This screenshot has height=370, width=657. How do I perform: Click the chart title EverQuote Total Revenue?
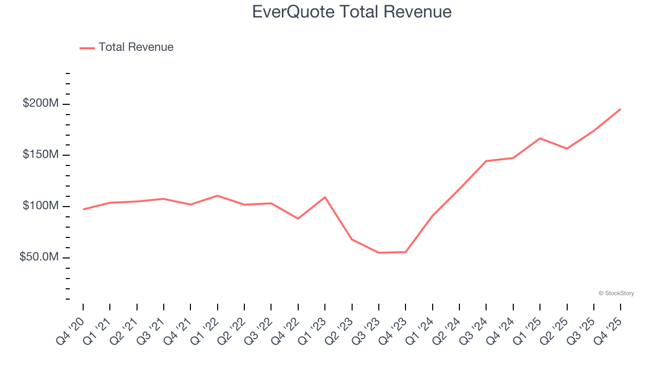pos(352,12)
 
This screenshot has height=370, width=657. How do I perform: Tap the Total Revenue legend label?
pos(136,47)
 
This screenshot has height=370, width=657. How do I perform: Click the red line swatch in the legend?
pos(87,48)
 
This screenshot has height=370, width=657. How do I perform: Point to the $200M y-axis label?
pos(41,104)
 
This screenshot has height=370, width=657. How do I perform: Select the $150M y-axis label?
pos(41,155)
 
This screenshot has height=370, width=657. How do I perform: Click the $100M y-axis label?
pos(41,206)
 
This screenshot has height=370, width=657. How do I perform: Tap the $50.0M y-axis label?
pos(39,257)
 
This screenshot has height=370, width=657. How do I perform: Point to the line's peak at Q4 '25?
pos(620,109)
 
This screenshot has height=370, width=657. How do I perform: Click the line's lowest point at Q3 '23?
pos(379,253)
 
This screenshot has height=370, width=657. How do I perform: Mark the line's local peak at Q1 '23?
pos(325,197)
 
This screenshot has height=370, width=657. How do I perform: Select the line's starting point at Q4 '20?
pos(83,209)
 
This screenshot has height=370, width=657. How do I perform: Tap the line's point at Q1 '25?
pos(540,138)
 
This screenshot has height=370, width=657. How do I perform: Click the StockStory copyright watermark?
pos(616,293)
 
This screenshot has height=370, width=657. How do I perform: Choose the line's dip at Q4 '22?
pos(298,219)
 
